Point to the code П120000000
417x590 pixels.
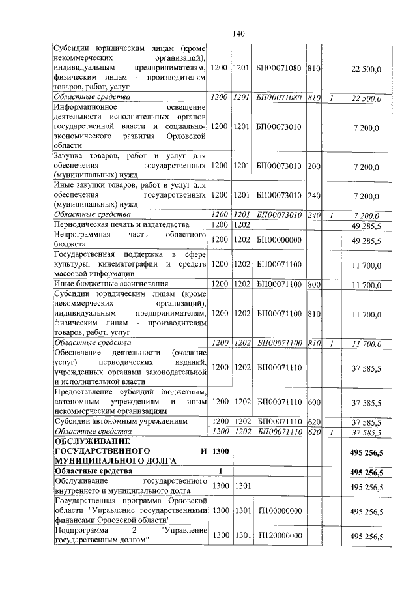tap(279, 535)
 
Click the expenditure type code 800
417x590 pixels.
tap(313, 284)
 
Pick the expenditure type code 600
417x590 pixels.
tap(313, 402)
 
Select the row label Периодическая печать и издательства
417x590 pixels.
tap(121, 224)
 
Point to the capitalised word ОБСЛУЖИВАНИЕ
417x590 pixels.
tap(89, 442)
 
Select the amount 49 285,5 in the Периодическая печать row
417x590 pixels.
tap(366, 224)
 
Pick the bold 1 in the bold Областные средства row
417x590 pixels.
tap(222, 471)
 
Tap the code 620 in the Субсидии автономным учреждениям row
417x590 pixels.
tap(313, 422)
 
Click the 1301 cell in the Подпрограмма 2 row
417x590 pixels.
tap(242, 535)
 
